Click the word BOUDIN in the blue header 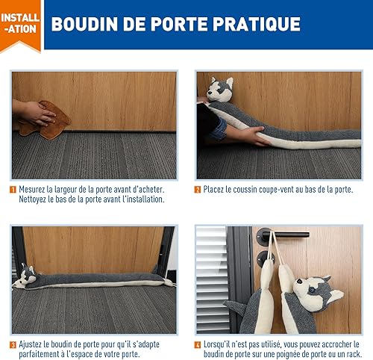84,24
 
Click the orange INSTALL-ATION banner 20,25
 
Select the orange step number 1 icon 13,190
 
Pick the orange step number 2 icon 198,190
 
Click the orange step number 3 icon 13,345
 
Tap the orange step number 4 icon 198,345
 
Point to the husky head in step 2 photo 220,90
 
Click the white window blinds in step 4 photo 212,279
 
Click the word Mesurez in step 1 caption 32,190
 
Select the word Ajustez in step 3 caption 30,345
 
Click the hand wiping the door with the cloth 35,114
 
